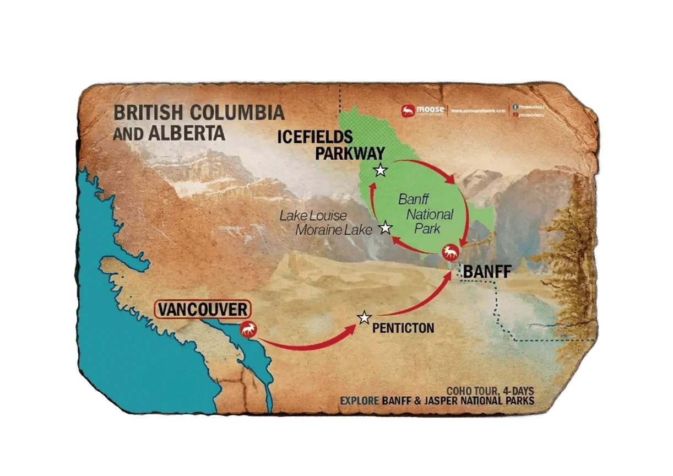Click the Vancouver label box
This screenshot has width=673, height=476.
203,309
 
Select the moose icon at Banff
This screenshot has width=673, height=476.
451,253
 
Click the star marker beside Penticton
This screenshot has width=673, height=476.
363,318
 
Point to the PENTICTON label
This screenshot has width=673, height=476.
403,328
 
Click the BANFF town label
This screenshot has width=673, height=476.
488,271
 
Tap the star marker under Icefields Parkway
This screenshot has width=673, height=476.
380,170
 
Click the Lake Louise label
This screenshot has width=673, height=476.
313,215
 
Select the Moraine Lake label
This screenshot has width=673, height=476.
334,230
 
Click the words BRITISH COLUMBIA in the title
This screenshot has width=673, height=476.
199,113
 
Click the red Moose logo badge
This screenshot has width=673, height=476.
408,111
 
